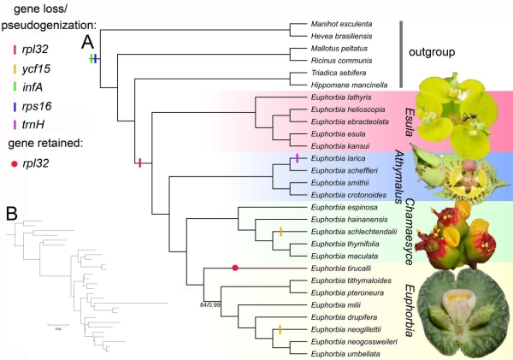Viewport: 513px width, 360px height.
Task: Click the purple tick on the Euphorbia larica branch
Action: pos(297,159)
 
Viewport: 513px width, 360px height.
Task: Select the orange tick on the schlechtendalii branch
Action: pos(280,232)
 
